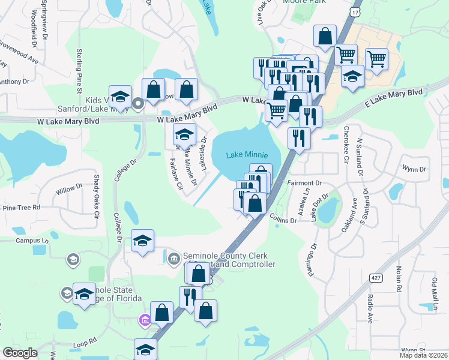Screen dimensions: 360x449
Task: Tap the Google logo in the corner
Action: pyautogui.click(x=20, y=353)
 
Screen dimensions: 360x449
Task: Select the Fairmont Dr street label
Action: pyautogui.click(x=306, y=182)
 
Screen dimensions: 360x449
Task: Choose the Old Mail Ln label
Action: pyautogui.click(x=434, y=292)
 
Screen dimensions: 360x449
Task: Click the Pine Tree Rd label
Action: pyautogui.click(x=21, y=207)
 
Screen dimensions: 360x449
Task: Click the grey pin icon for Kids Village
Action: pyautogui.click(x=137, y=104)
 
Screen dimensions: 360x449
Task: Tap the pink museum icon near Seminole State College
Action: pyautogui.click(x=144, y=319)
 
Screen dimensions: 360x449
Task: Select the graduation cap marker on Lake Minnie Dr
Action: pyautogui.click(x=184, y=134)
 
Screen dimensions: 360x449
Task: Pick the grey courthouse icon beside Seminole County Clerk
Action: pyautogui.click(x=174, y=258)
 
